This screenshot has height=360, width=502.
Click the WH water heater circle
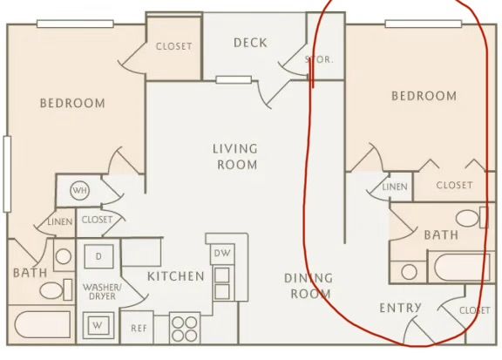[79, 191]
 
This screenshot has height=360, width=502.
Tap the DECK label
[250, 43]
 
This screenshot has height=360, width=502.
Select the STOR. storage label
[319, 59]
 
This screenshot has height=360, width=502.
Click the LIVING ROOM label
[235, 157]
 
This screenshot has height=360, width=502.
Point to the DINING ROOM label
[309, 286]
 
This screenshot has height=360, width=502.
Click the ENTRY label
[400, 308]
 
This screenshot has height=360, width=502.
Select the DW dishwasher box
[222, 254]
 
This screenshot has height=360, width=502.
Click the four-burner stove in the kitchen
[185, 329]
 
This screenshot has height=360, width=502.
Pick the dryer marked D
[98, 256]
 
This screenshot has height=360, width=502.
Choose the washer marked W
[98, 325]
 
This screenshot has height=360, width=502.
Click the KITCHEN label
[176, 276]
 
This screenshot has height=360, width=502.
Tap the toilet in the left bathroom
[56, 290]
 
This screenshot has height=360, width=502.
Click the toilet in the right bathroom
[471, 218]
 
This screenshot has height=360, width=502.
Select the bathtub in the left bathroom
[43, 324]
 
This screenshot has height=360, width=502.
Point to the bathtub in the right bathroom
[462, 267]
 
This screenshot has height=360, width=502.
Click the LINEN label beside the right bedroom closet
[395, 187]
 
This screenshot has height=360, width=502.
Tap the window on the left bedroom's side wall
[7, 174]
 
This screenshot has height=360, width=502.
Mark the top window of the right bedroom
[424, 24]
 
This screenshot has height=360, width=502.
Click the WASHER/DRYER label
[102, 291]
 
